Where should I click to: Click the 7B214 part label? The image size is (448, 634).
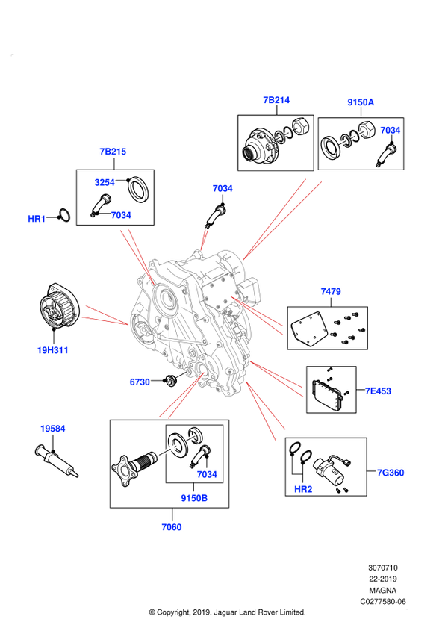pyautogui.click(x=276, y=100)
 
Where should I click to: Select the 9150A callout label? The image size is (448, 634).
pyautogui.click(x=361, y=102)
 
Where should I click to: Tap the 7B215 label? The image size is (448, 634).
pyautogui.click(x=113, y=152)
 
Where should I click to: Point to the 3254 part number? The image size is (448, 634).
pyautogui.click(x=105, y=182)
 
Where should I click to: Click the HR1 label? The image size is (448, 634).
pyautogui.click(x=37, y=219)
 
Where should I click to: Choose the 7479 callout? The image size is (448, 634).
pyautogui.click(x=331, y=292)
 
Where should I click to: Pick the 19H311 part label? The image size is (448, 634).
pyautogui.click(x=53, y=350)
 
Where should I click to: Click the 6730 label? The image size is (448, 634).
pyautogui.click(x=140, y=382)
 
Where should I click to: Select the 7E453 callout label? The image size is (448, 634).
pyautogui.click(x=378, y=391)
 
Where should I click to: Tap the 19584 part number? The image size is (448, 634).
pyautogui.click(x=53, y=429)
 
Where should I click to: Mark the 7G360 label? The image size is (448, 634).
pyautogui.click(x=391, y=473)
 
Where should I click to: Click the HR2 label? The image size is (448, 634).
pyautogui.click(x=303, y=489)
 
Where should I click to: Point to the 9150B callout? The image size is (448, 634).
pyautogui.click(x=194, y=498)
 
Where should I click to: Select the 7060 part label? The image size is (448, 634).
pyautogui.click(x=172, y=527)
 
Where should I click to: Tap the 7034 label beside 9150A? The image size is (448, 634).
pyautogui.click(x=390, y=131)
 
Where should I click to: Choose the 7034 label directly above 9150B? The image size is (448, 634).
pyautogui.click(x=207, y=474)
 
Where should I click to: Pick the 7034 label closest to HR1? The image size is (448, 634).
pyautogui.click(x=121, y=216)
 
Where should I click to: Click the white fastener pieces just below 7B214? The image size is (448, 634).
pyautogui.click(x=287, y=134)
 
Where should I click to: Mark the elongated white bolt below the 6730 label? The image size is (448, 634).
pyautogui.click(x=169, y=450)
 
